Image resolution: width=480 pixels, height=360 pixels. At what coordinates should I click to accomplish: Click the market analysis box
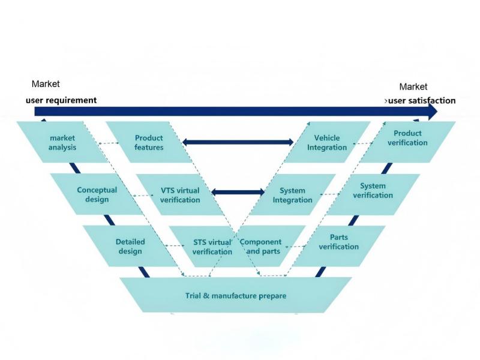(62, 142)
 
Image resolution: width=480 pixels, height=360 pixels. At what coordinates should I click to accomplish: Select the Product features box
(149, 142)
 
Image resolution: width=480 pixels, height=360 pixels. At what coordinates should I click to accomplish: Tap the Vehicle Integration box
(327, 142)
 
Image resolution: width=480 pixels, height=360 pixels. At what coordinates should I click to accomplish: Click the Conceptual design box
(97, 194)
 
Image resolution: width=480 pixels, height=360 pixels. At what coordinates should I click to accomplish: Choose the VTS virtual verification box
(180, 194)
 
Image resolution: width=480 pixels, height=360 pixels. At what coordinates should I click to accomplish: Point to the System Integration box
(293, 194)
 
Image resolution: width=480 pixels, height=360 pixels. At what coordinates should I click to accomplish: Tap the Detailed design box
(130, 246)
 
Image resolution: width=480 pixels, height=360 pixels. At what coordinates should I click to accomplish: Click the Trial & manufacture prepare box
(235, 296)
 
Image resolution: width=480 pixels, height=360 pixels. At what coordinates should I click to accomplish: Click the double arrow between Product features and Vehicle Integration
(238, 142)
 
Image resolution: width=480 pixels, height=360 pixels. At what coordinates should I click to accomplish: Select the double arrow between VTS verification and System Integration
(238, 192)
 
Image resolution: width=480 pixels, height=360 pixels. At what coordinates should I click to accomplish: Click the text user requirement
(61, 100)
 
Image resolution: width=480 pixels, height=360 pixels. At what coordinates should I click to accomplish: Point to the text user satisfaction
(421, 101)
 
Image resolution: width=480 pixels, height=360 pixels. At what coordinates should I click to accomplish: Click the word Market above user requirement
(46, 84)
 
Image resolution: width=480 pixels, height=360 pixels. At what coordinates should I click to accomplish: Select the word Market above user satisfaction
(413, 87)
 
